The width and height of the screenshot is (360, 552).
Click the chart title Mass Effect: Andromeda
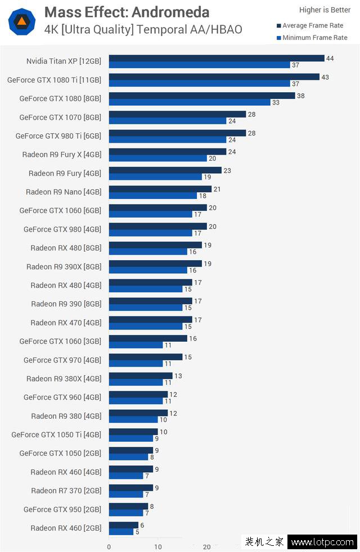point(127,12)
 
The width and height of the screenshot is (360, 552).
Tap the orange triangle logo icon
point(22,22)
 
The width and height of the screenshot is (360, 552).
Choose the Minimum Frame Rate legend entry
point(314,38)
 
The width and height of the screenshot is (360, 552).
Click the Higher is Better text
point(325,10)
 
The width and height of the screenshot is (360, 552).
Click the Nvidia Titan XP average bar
point(217,58)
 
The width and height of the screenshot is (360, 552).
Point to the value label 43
point(325,77)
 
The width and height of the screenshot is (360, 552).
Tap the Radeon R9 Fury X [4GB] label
point(62,155)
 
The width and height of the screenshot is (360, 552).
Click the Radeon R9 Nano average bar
point(160,189)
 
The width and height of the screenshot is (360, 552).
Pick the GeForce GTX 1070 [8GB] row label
point(60,117)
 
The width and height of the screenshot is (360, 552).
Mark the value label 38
point(301,96)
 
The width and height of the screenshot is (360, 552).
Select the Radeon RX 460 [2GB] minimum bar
point(121,531)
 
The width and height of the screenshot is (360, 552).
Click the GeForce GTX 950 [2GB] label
point(62,509)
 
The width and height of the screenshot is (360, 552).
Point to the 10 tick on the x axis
point(158,546)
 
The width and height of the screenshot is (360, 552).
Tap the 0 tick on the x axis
point(109,546)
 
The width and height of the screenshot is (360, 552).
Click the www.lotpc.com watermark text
point(323,542)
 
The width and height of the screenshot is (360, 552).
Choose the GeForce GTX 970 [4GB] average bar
point(146,356)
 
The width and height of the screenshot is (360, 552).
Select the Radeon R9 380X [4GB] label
point(64,378)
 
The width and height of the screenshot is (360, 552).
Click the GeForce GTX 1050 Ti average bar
point(133,431)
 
